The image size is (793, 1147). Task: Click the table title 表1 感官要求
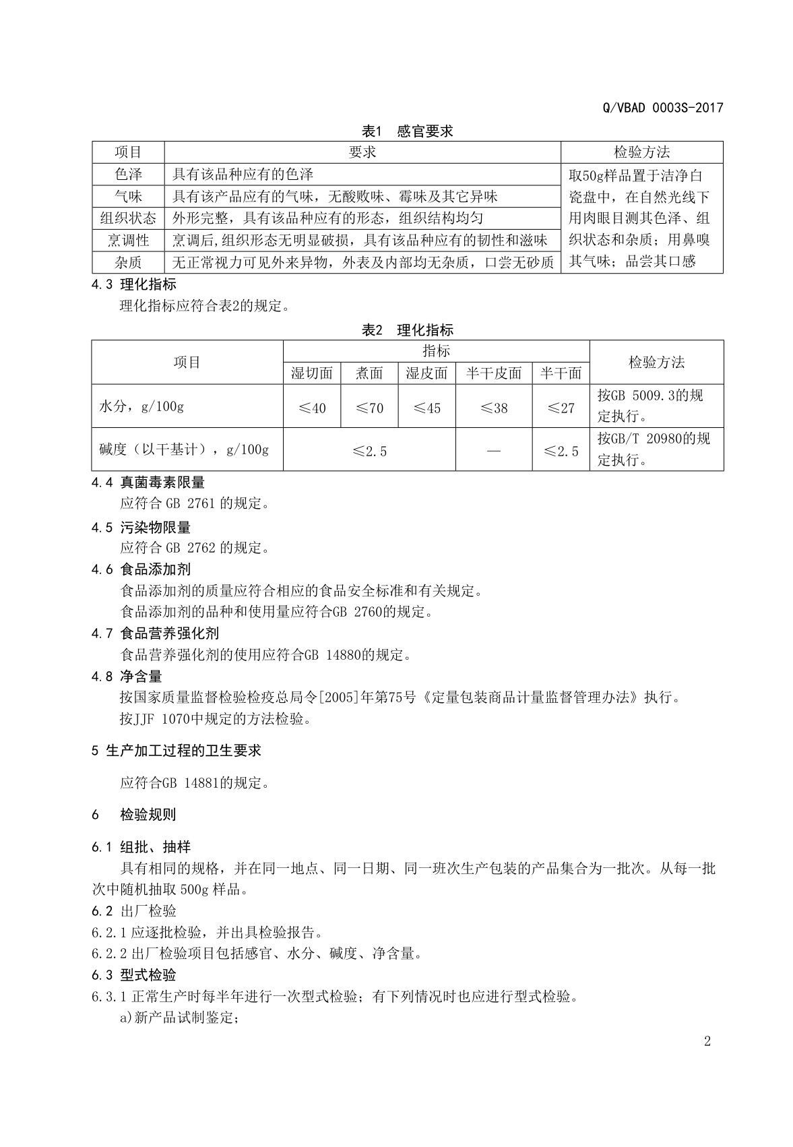(x=407, y=131)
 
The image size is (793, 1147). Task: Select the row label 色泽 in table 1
(x=128, y=175)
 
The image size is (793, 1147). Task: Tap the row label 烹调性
(x=128, y=240)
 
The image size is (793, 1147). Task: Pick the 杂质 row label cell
(x=128, y=262)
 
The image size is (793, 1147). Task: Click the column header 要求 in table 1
(x=362, y=152)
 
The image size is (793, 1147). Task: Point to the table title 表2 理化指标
(x=407, y=330)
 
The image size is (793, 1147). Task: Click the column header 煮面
(x=369, y=373)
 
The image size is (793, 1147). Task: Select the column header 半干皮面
(x=494, y=373)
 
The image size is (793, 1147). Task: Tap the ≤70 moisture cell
(x=369, y=408)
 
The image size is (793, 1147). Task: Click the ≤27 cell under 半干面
(x=561, y=408)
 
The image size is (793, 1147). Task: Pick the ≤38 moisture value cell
(x=494, y=408)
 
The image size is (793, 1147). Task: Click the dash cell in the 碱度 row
(x=494, y=450)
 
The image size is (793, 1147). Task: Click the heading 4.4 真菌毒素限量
(x=148, y=483)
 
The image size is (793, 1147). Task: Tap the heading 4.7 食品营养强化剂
(x=155, y=633)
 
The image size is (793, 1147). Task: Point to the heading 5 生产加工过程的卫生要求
(x=177, y=750)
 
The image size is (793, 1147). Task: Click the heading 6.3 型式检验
(x=134, y=974)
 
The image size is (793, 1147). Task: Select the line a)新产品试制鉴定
(x=180, y=1017)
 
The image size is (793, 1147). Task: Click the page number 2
(x=707, y=1041)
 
